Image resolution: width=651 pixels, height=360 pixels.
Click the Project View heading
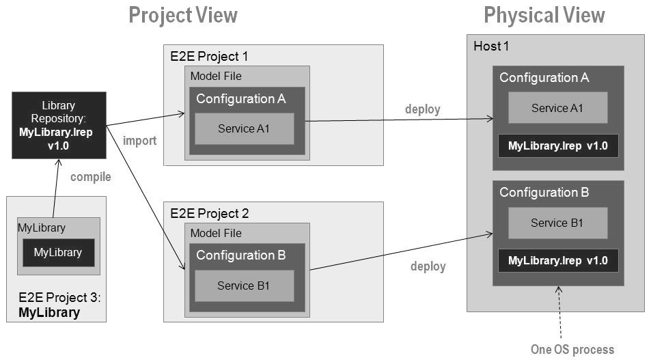point(183,15)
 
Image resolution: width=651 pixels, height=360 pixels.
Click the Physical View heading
point(544,15)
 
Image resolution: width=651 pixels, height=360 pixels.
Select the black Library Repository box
point(59,126)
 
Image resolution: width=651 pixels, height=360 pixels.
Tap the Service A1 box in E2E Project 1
point(244,129)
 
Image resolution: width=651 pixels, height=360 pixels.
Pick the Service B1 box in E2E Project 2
point(244,286)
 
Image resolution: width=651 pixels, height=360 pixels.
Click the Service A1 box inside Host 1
point(558,108)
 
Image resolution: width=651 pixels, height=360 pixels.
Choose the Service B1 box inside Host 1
point(557,223)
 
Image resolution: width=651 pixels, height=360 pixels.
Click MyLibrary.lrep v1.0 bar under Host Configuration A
point(558,146)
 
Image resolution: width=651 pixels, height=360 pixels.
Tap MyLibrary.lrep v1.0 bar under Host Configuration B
point(558,261)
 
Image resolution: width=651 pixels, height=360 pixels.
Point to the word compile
point(90,177)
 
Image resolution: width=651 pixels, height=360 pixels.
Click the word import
point(140,141)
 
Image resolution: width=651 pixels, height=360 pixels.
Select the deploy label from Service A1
point(423,109)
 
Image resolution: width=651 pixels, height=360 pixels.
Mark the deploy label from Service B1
point(428,266)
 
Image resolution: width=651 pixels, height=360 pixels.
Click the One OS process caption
point(572,350)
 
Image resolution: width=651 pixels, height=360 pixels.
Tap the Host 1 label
point(491,46)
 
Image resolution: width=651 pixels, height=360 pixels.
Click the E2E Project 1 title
point(209,56)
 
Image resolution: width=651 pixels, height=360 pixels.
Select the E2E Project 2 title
point(209,213)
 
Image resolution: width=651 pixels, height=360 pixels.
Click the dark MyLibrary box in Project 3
point(58,253)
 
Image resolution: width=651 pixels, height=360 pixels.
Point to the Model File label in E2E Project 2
point(216,233)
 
